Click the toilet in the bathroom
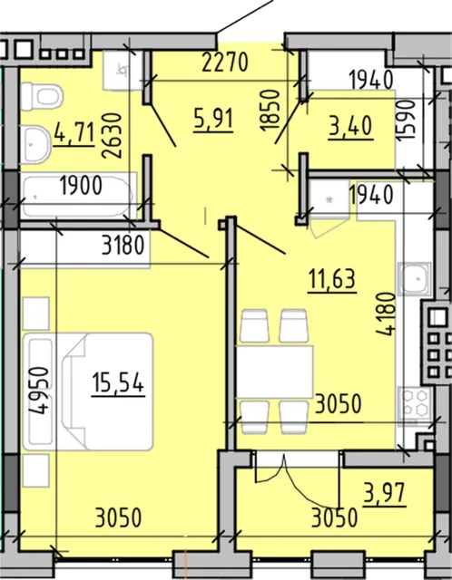pos(41,97)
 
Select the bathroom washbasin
pos(35,145)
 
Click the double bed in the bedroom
pos(88,391)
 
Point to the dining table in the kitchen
pos(275,372)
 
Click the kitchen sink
pos(415,278)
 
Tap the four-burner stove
pos(415,404)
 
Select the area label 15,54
pos(118,383)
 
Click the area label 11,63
pos(332,280)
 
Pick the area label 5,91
pos(213,120)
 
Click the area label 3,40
pos(350,127)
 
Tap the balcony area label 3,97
pos(384,493)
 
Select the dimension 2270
pos(225,63)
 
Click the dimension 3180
pos(123,246)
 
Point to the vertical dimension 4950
pos(39,391)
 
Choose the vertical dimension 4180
pos(386,314)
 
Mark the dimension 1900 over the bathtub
pos(81,186)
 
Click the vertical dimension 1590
pos(407,120)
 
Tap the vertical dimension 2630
pos(112,136)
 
